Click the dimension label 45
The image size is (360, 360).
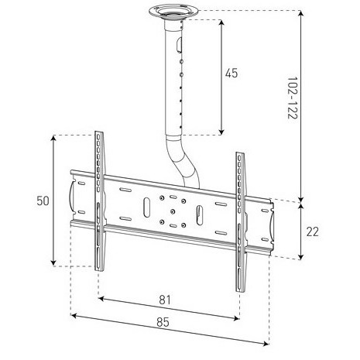click(x=231, y=74)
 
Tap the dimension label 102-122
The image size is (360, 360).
click(x=293, y=98)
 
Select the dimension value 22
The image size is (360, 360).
click(x=313, y=231)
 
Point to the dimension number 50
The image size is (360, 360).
click(x=43, y=201)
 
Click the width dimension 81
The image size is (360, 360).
click(x=165, y=300)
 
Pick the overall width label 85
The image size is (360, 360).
click(x=163, y=322)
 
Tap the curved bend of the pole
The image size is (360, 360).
click(x=183, y=161)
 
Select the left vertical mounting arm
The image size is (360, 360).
click(x=99, y=201)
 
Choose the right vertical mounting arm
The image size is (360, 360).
click(x=241, y=222)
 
